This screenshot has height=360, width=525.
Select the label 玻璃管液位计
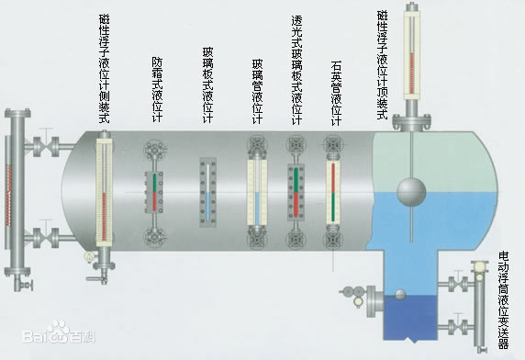pos(257,92)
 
